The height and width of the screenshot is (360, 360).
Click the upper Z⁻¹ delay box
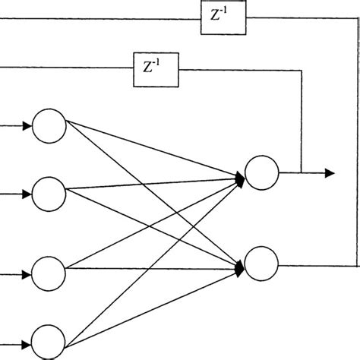pos(224,17)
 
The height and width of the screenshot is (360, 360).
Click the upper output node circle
pos(262,174)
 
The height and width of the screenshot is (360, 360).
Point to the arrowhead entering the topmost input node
pos(28,127)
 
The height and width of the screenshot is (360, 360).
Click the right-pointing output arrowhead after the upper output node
pos(330,174)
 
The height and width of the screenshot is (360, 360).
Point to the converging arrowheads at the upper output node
pos(240,178)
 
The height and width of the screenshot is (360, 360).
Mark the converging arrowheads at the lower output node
pos(240,266)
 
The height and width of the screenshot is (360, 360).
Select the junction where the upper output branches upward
pos(302,174)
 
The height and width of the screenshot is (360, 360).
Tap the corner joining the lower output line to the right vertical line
pos(357,266)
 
